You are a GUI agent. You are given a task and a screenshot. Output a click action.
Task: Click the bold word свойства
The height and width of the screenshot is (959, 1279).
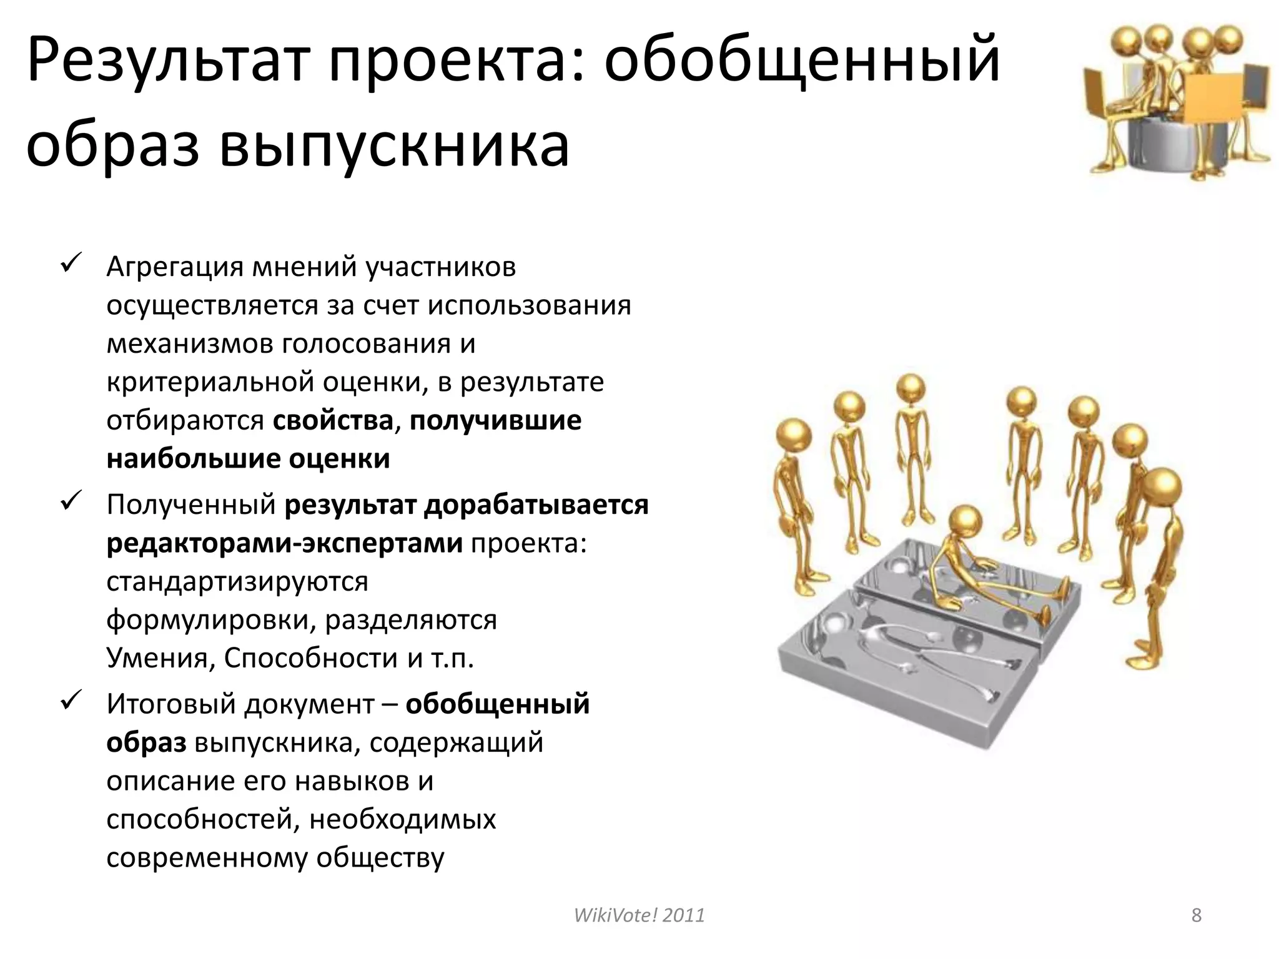[x=333, y=421]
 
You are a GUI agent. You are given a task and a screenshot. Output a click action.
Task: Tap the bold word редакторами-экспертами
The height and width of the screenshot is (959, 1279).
[x=285, y=543]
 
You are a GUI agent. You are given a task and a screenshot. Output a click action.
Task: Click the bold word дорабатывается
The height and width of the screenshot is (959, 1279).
[x=536, y=504]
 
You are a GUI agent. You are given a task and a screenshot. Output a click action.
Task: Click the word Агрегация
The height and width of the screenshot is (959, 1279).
[x=174, y=267]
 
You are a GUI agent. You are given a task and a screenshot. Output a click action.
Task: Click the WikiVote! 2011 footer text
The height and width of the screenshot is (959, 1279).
[x=639, y=915]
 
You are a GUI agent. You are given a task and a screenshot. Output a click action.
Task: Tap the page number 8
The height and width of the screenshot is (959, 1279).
[x=1196, y=915]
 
